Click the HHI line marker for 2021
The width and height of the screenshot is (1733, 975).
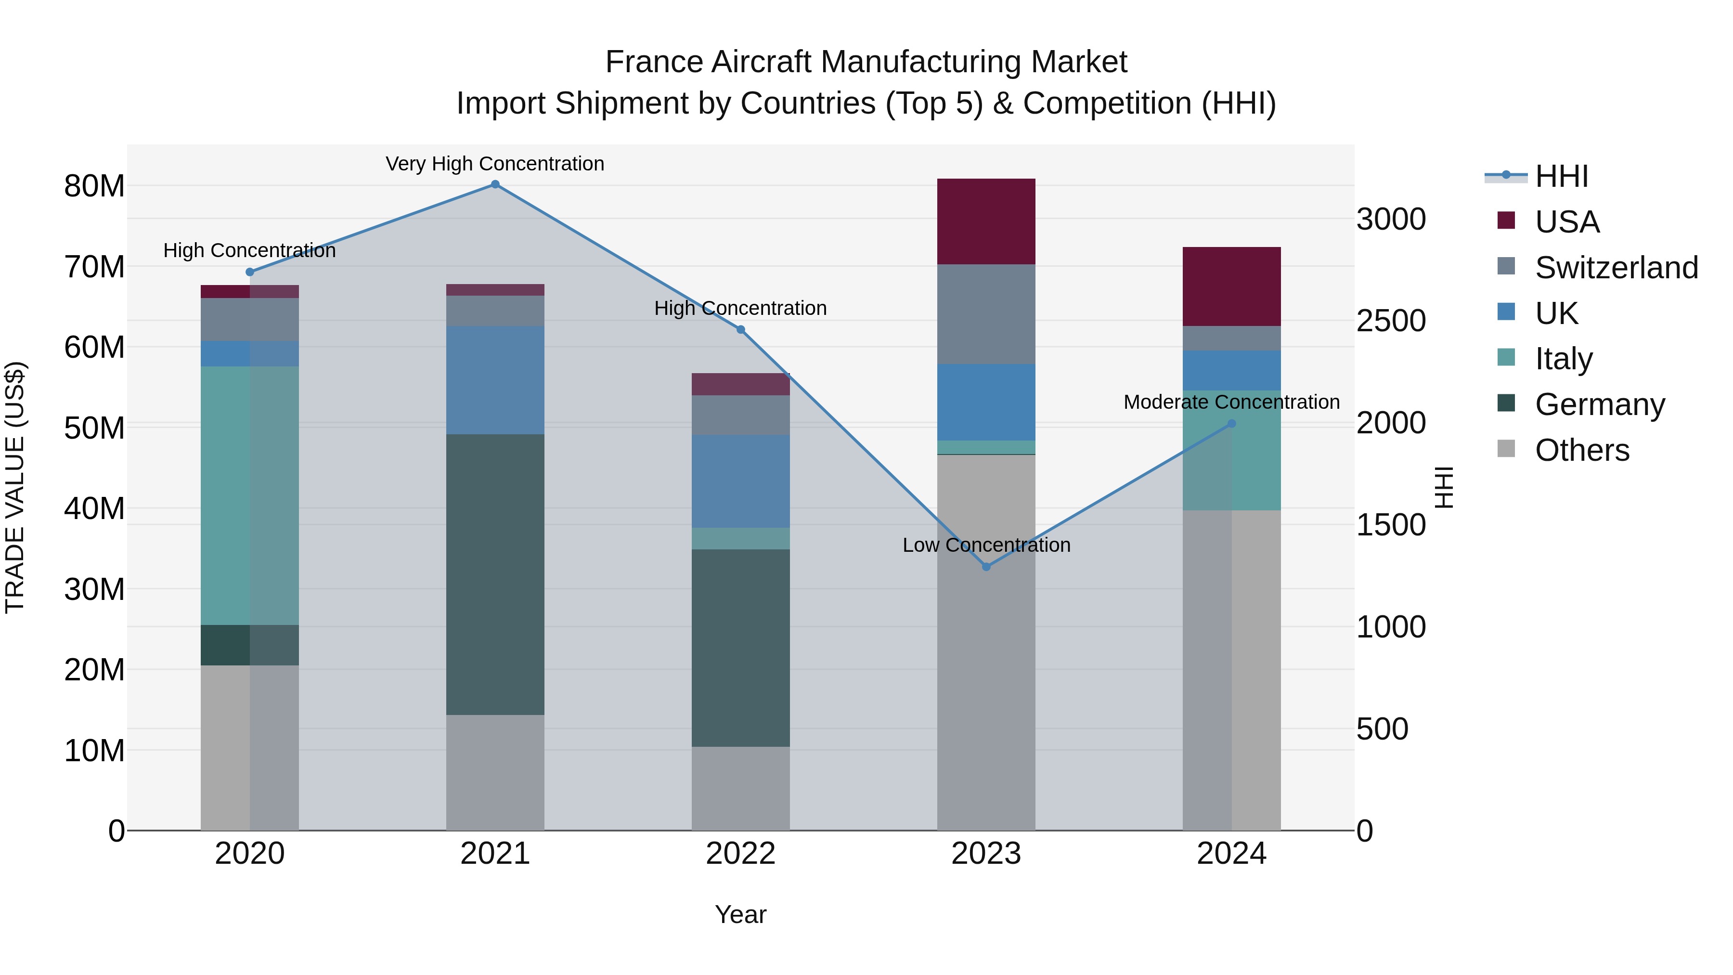495,184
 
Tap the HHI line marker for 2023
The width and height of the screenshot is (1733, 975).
986,567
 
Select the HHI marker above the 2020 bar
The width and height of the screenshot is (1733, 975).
249,272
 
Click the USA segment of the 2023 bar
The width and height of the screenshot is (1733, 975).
986,221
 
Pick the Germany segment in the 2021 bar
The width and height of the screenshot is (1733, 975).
495,574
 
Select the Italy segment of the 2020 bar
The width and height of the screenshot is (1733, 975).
249,495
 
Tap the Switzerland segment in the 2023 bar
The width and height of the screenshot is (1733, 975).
986,314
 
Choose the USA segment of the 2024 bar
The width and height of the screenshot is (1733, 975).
1232,286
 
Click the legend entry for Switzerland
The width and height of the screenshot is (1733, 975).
1616,267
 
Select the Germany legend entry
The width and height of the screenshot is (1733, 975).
1600,404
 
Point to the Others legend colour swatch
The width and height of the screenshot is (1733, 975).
1506,449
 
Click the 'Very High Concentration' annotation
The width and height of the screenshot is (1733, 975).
495,164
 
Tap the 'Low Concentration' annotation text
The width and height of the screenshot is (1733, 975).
986,545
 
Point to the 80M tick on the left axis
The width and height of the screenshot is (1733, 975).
94,186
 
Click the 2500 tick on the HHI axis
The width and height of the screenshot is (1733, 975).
1391,321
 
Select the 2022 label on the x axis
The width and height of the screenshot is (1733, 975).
741,854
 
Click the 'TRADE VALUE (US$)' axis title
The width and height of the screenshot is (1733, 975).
15,487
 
